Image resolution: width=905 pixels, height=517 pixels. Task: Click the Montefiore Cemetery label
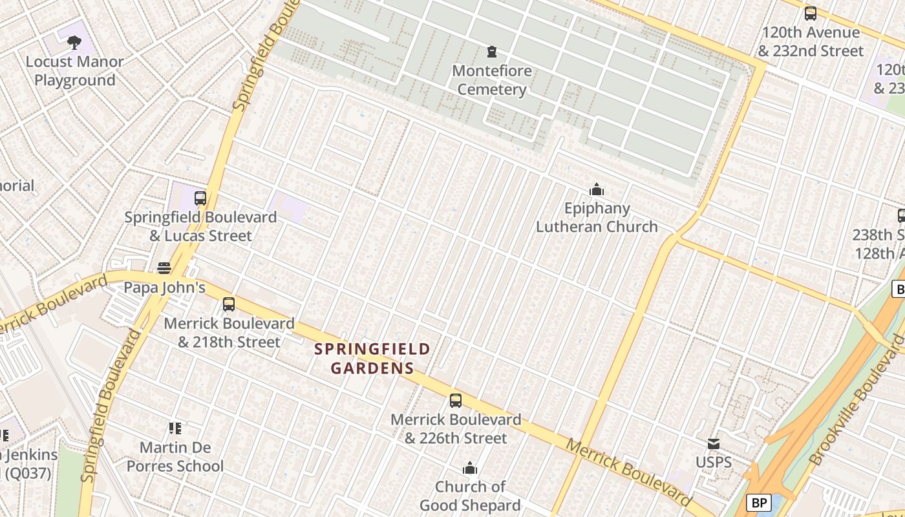(491, 80)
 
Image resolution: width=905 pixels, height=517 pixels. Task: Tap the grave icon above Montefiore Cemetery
(492, 51)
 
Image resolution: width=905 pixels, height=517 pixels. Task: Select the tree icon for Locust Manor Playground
(74, 43)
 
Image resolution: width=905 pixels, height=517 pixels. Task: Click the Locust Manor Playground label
(74, 71)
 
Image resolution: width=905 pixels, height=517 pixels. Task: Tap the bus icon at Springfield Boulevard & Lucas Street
(200, 198)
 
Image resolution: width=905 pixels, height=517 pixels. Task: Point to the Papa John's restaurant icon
(164, 268)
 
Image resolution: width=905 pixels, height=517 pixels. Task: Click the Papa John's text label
(164, 288)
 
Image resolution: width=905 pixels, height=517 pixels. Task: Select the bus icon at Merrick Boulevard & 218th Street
(228, 304)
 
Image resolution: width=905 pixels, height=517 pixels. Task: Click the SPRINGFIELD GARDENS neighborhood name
(372, 359)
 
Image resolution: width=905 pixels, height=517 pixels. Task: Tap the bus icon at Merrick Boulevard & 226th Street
(456, 401)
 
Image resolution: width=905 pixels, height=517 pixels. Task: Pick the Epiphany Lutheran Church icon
(596, 189)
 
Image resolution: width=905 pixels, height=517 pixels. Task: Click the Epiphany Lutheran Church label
(596, 217)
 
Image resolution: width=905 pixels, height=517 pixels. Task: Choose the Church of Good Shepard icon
(470, 468)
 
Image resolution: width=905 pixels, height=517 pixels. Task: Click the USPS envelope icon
(714, 443)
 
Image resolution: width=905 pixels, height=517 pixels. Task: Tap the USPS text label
(714, 462)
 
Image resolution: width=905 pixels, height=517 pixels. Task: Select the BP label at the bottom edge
(760, 502)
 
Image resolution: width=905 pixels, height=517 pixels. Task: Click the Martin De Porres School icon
(175, 428)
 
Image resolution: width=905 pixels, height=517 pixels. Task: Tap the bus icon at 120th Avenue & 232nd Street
(810, 14)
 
